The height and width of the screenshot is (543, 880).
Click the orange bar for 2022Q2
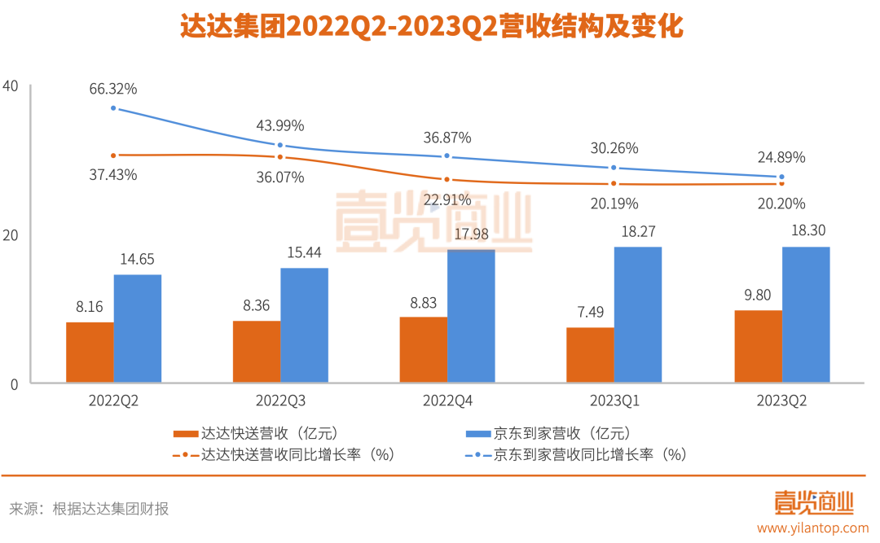coord(90,353)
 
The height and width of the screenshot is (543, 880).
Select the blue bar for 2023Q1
coord(638,315)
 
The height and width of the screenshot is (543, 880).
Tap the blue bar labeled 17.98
coord(471,316)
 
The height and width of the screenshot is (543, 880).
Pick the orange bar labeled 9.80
coord(758,346)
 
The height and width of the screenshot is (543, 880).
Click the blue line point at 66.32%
coord(113,108)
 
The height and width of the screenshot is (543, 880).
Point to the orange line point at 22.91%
coord(447,179)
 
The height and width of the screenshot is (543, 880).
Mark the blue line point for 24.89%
coord(782,177)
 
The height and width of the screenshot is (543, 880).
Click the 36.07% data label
coord(280,177)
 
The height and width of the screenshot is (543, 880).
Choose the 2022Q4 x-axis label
coord(447,401)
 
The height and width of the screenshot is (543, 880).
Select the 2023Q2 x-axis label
coord(781,401)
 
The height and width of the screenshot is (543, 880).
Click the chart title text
coord(432,27)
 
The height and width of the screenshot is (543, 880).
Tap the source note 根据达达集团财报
coord(111,509)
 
